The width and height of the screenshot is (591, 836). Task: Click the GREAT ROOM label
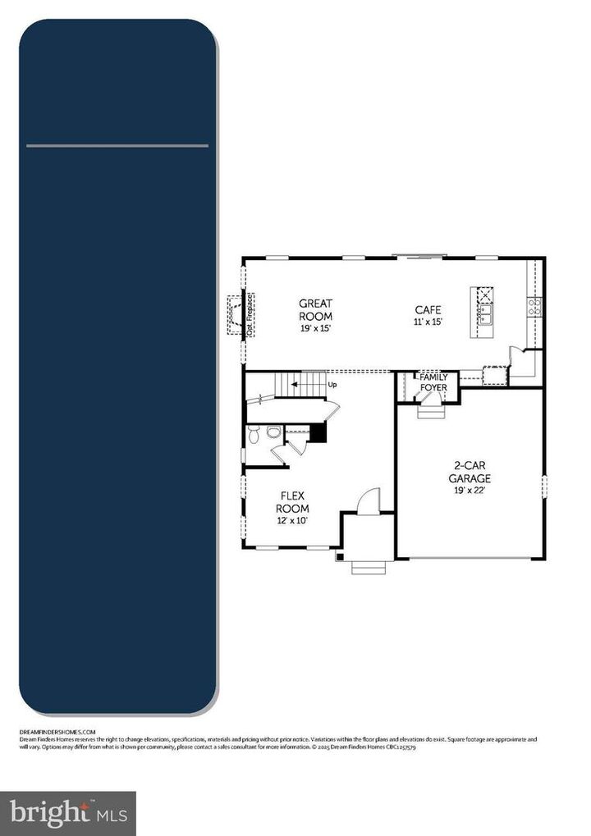coord(315,309)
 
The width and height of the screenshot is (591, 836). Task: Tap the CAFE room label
coord(428,310)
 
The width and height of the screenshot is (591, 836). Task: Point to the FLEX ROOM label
coord(292,502)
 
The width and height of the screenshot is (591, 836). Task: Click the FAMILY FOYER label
coord(433,382)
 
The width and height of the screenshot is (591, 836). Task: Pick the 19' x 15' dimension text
coord(315,328)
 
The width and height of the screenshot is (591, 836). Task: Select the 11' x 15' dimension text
coord(428,322)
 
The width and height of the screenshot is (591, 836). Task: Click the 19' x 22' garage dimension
coord(470,490)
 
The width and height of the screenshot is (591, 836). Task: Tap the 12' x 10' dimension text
coord(292,521)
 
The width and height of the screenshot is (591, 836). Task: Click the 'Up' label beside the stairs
coord(332,384)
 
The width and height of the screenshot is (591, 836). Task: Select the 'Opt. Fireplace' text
coord(251,313)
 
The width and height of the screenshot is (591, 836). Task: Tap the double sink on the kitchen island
coord(484,313)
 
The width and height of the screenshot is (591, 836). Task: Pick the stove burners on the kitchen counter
coord(535,307)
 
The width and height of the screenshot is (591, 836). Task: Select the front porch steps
coord(365,566)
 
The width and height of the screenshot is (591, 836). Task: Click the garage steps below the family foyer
coord(430,411)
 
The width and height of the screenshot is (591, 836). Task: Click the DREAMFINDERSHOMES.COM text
coord(57,731)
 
